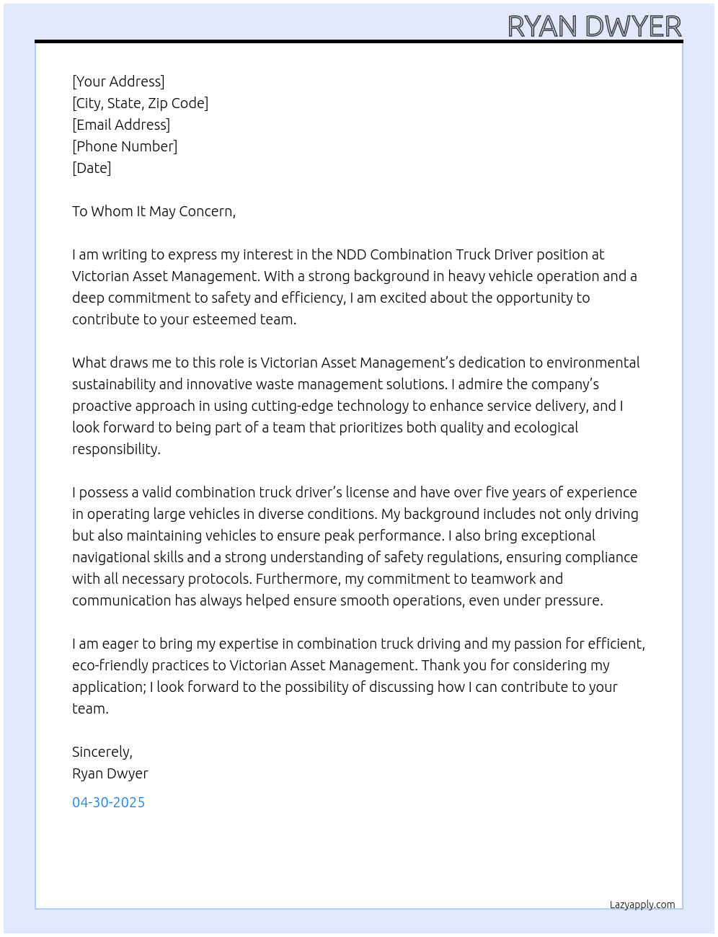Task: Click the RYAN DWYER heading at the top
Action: click(x=594, y=27)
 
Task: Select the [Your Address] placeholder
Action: click(x=118, y=81)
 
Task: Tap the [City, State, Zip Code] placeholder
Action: click(x=140, y=103)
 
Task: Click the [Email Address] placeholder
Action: click(x=121, y=125)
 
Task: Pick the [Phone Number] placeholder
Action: click(x=125, y=146)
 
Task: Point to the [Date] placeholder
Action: click(x=92, y=168)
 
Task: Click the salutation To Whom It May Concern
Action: click(x=154, y=211)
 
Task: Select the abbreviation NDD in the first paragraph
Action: click(x=351, y=254)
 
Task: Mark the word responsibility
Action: click(x=115, y=449)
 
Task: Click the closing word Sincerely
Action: click(x=102, y=752)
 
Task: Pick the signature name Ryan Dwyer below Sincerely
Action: click(x=110, y=773)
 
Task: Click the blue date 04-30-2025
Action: click(x=108, y=802)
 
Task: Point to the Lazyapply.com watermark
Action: click(x=642, y=905)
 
